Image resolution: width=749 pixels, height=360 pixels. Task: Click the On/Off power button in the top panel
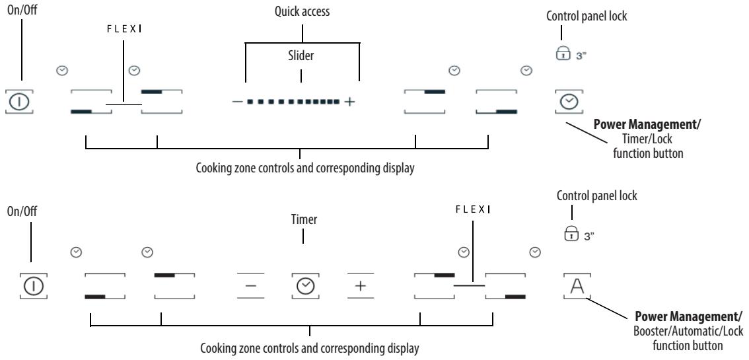click(21, 102)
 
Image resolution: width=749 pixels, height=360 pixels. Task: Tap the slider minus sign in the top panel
click(237, 102)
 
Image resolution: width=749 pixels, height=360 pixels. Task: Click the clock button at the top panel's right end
click(569, 102)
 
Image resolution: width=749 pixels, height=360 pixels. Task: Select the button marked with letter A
click(577, 285)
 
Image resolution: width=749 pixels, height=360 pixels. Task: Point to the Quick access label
click(303, 11)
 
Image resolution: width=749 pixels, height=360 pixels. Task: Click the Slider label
click(302, 57)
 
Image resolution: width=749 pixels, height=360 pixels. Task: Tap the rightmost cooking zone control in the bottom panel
click(505, 285)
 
